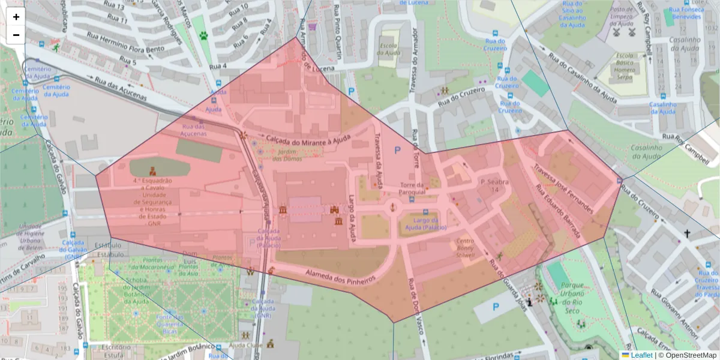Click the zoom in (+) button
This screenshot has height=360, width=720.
(16, 17)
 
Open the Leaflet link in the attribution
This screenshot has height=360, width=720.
(641, 355)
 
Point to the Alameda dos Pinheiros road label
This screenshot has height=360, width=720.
(340, 277)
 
